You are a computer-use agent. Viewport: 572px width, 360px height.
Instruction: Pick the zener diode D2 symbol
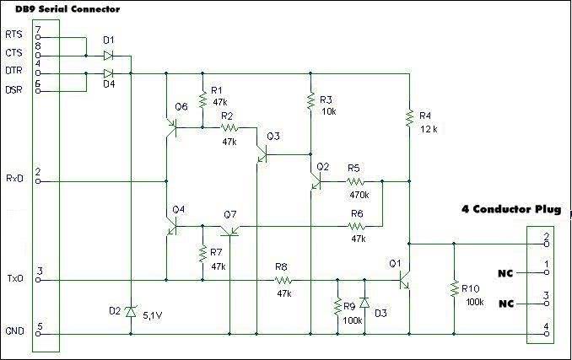[x=131, y=313]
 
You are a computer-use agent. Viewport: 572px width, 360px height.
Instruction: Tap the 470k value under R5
[x=359, y=194]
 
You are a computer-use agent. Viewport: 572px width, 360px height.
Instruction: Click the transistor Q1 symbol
[x=406, y=279]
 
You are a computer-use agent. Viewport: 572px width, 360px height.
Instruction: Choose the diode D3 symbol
[x=364, y=303]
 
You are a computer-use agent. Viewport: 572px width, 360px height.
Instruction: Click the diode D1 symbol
[x=108, y=56]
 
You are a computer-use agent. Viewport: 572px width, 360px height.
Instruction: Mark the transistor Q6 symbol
[x=173, y=126]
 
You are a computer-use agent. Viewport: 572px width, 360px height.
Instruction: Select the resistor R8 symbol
[x=283, y=279]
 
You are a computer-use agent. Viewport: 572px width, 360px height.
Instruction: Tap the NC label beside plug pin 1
[x=505, y=272]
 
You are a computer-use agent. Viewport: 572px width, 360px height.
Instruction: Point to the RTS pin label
[x=13, y=34]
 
